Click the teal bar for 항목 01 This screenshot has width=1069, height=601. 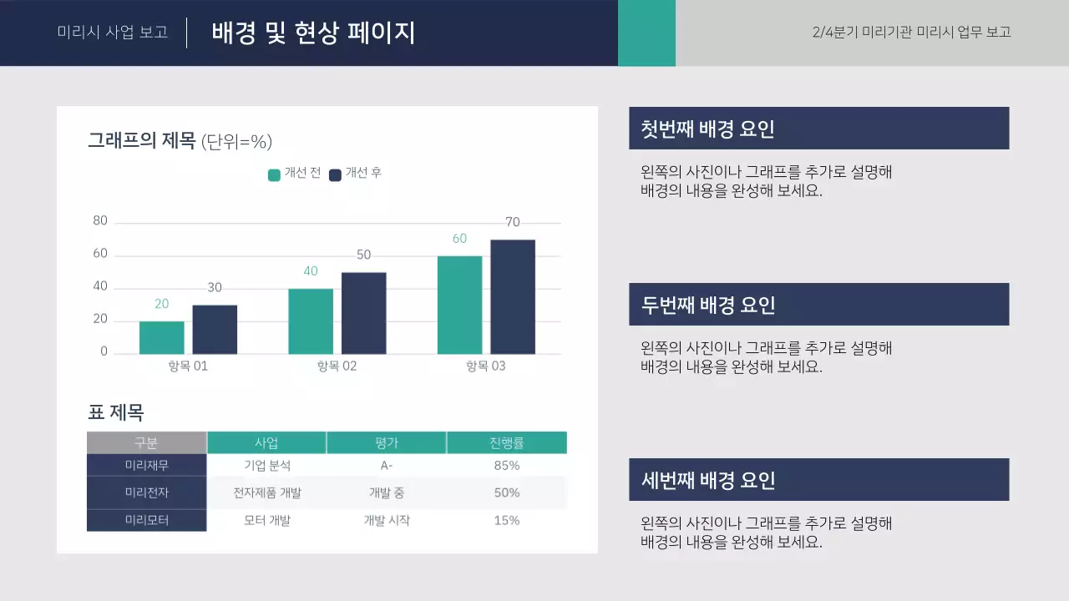point(161,337)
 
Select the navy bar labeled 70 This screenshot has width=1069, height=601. point(513,296)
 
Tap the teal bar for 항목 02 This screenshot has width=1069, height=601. point(311,321)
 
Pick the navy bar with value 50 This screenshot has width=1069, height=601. point(363,313)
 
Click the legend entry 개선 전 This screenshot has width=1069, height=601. point(294,174)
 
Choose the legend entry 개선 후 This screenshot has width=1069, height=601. point(356,174)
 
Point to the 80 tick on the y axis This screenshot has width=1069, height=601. point(100,221)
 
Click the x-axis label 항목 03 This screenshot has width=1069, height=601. point(485,366)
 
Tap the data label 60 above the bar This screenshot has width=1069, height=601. point(459,239)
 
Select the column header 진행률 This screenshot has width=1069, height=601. point(506,442)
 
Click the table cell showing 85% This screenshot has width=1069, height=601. point(506,465)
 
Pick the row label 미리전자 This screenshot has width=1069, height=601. point(147,492)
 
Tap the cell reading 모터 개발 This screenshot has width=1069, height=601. point(267,520)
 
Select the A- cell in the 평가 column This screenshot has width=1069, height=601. point(386,465)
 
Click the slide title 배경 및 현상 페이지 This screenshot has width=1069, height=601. point(313,33)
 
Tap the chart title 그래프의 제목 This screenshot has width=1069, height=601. point(141,141)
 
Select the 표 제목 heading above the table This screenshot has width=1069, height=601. point(116,412)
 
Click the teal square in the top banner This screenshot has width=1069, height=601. point(646,33)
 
